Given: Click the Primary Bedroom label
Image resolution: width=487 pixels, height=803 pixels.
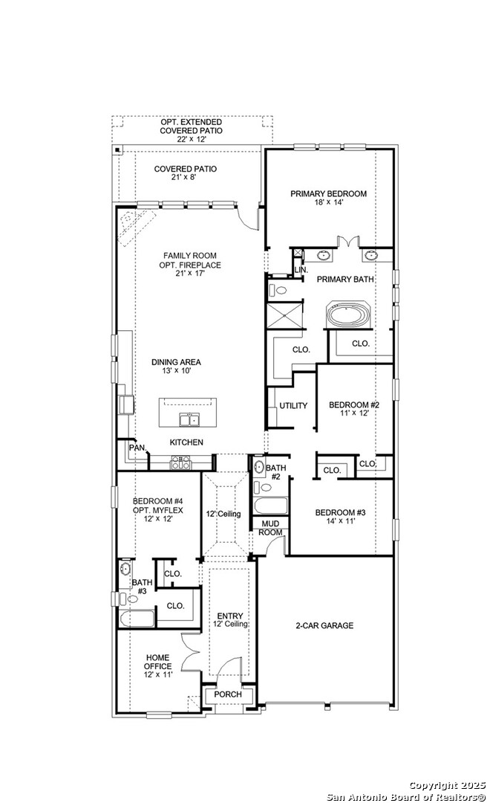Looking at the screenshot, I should click(x=328, y=199).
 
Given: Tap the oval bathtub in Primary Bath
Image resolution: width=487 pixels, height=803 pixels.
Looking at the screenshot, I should click(x=349, y=315).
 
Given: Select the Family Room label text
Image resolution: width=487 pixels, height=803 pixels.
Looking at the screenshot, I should click(x=190, y=265).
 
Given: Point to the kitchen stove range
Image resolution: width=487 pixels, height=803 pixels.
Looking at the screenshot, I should click(x=181, y=463).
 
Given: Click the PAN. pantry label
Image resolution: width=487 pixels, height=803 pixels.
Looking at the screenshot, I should click(x=137, y=448).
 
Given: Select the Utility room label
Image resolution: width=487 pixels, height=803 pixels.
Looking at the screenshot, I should click(x=293, y=406).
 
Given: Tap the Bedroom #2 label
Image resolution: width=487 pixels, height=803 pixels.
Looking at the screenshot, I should click(x=354, y=410).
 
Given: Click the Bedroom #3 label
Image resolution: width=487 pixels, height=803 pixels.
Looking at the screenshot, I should click(x=341, y=517).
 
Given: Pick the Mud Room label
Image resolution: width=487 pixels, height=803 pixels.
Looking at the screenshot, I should click(x=269, y=528).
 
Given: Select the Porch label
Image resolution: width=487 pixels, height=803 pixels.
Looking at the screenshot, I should click(x=228, y=694).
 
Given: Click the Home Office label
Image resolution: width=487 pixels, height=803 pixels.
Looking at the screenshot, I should click(x=157, y=666).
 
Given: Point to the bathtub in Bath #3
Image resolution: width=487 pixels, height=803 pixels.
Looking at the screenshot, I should click(x=137, y=617).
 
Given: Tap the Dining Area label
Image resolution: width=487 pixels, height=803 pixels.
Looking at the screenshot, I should click(x=176, y=367).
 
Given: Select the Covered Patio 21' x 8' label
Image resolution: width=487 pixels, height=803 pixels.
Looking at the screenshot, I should click(x=186, y=173).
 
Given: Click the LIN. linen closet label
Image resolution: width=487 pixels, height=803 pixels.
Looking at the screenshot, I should click(x=301, y=269).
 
